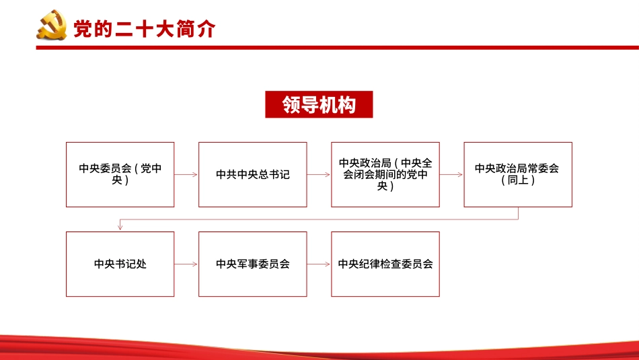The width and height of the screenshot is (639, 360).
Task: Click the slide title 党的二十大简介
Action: click(x=144, y=29)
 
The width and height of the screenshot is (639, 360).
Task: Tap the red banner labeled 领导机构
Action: click(x=319, y=104)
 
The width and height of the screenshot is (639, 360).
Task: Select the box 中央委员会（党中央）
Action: click(x=120, y=174)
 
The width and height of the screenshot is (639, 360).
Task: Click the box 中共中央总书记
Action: click(x=252, y=174)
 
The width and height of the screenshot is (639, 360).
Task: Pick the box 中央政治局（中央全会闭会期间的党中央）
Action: click(x=385, y=174)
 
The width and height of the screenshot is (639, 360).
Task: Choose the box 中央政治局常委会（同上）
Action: click(x=517, y=174)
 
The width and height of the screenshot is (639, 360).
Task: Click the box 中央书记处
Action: click(x=120, y=264)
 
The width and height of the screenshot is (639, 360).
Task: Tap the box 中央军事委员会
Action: click(x=252, y=264)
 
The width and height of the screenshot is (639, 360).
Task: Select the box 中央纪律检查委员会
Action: click(x=385, y=264)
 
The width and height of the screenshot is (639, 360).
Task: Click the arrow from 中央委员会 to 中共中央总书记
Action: click(x=186, y=174)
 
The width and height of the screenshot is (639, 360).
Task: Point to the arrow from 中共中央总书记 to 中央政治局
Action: click(x=319, y=174)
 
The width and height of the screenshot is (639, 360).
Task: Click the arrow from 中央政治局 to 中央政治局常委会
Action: click(x=451, y=174)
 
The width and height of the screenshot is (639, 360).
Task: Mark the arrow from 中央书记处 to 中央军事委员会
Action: click(x=186, y=264)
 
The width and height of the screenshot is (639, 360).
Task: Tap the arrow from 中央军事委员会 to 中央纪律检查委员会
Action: click(x=319, y=264)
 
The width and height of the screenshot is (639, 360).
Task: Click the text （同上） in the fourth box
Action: click(x=517, y=180)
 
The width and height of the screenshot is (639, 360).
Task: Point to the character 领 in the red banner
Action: click(x=291, y=105)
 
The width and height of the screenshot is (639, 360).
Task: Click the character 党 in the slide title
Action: click(x=82, y=29)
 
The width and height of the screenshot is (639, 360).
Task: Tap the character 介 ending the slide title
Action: click(x=206, y=29)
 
